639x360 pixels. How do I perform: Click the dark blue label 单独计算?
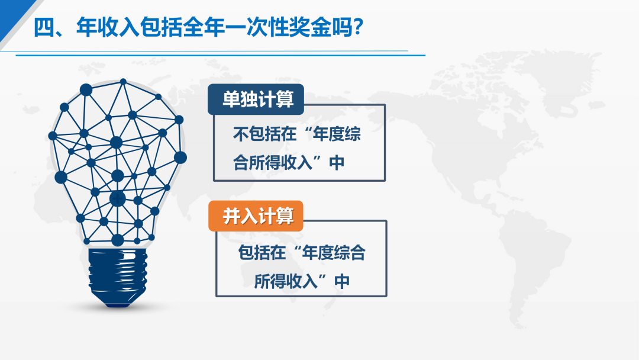[256, 99]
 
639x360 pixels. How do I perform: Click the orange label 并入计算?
[256, 216]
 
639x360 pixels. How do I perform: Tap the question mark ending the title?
[358, 27]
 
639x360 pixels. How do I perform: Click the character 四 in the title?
[44, 27]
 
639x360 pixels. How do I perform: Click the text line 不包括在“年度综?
[296, 134]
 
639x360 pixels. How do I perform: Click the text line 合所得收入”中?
[289, 163]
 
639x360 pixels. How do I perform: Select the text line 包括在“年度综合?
[302, 253]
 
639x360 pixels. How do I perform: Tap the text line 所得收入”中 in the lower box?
[302, 281]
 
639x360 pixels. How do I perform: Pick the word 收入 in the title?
[118, 27]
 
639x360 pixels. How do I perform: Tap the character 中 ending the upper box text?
[337, 163]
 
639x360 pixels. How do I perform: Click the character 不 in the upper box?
[241, 134]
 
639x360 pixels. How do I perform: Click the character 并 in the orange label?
[231, 216]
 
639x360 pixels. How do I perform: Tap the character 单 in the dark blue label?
[231, 99]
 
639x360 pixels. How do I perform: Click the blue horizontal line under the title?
[220, 55]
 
